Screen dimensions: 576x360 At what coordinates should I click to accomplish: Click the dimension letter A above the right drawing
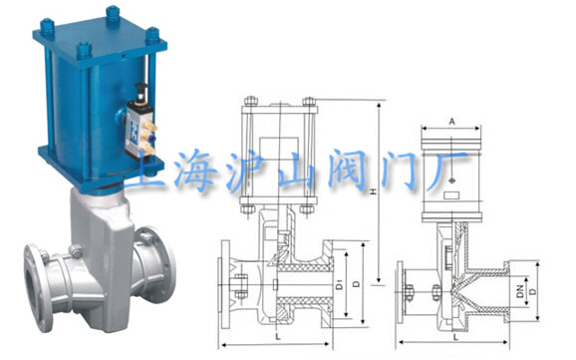click(x=451, y=122)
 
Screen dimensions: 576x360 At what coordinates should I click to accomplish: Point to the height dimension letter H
click(x=374, y=191)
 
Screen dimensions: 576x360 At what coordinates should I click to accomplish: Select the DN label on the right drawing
click(x=520, y=291)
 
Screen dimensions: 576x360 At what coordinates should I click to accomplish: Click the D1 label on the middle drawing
click(x=340, y=284)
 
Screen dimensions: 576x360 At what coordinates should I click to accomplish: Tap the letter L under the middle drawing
click(x=278, y=336)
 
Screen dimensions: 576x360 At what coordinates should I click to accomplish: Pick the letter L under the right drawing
click(x=455, y=337)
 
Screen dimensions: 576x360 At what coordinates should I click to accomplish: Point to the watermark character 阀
click(x=347, y=170)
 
